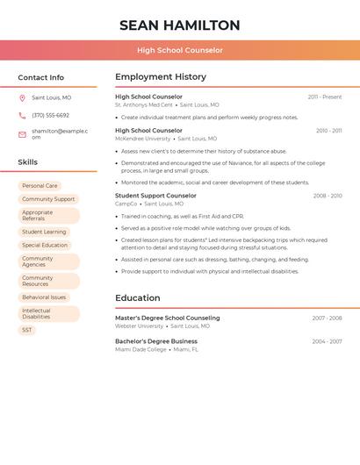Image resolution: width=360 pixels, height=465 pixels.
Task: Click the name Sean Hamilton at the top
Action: [x=179, y=25]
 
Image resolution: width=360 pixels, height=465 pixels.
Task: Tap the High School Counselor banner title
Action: [x=179, y=50]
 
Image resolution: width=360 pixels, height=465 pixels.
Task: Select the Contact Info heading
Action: [x=40, y=77]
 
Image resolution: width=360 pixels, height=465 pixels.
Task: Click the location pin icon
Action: [x=22, y=98]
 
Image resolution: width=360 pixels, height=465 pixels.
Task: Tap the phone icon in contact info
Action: [x=22, y=116]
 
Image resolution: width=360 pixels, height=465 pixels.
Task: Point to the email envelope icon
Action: [x=22, y=133]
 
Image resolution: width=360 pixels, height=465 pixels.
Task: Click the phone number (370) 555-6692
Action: [x=50, y=116]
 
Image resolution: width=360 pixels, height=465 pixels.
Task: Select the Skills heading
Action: [x=27, y=162]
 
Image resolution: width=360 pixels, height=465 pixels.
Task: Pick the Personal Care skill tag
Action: [x=40, y=186]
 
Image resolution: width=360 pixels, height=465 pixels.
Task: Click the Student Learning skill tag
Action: [x=44, y=232]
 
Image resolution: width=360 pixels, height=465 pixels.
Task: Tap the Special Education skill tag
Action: [x=45, y=246]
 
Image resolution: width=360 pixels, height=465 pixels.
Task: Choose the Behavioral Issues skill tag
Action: [x=44, y=297]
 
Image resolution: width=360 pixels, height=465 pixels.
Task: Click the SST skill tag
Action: [x=27, y=330]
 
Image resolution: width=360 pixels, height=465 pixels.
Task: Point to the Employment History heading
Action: [x=161, y=77]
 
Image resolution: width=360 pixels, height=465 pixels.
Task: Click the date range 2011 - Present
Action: [x=324, y=97]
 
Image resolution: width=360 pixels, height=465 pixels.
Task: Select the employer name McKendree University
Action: [x=143, y=139]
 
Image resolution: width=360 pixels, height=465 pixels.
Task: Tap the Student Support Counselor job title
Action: [x=155, y=196]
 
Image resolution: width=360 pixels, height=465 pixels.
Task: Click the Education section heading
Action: [x=138, y=298]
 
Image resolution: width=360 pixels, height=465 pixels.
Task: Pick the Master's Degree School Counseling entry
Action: [x=168, y=318]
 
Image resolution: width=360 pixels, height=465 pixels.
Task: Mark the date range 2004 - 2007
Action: [x=327, y=341]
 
